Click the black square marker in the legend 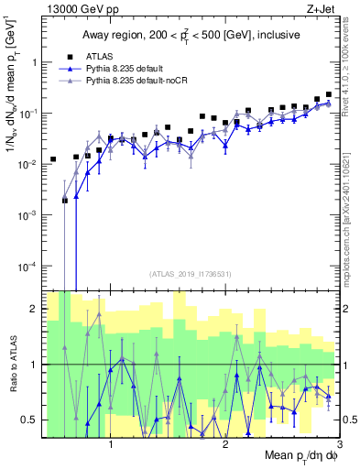pos(64,56)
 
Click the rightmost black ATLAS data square pos(328,93)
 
